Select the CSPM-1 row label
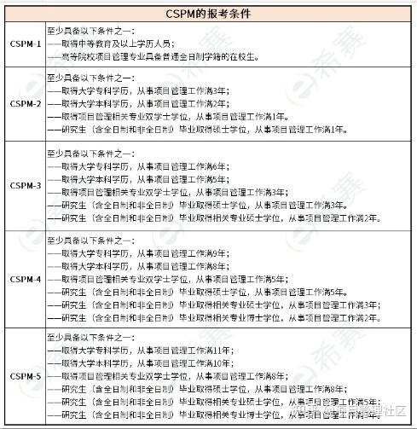25,43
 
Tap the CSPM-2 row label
25,104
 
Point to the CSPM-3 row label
25,185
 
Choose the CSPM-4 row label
25,279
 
